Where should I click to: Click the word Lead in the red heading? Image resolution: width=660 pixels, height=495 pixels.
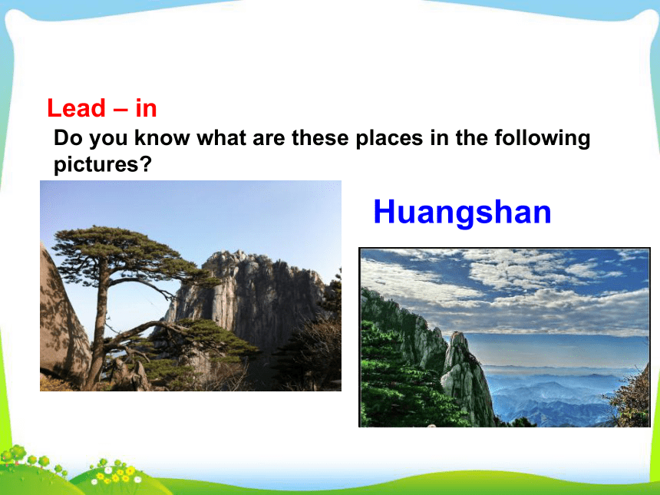[76, 108]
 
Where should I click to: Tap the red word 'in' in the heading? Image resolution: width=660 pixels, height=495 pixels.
[146, 108]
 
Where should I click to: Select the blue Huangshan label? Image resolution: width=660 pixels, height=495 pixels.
[462, 212]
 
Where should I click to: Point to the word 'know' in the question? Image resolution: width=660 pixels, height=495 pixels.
[162, 137]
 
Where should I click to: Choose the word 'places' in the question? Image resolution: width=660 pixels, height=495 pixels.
[389, 138]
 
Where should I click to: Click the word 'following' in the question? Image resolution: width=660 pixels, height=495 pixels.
[543, 138]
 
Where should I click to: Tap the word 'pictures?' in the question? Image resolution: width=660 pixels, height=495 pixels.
[102, 164]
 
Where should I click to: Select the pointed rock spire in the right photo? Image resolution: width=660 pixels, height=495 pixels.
[467, 379]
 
